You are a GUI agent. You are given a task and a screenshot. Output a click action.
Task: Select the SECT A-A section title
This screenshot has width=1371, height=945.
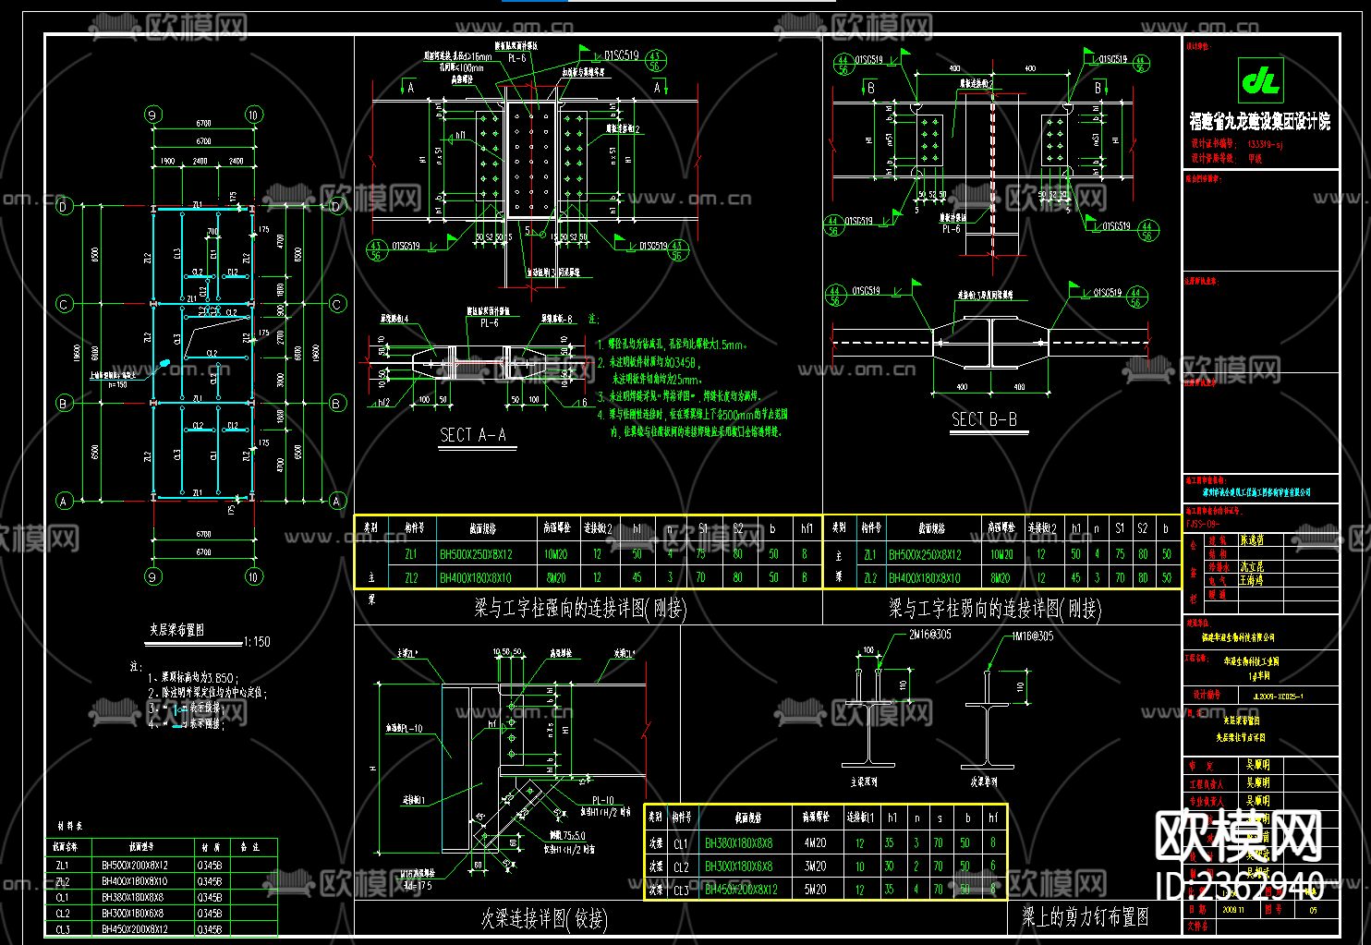coord(472,435)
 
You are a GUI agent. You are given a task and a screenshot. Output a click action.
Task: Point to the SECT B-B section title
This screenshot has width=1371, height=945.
coord(984,419)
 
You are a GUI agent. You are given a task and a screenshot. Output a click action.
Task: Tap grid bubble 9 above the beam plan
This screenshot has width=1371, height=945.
coord(152,115)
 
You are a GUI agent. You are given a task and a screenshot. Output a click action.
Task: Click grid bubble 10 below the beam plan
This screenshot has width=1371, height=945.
coord(253,576)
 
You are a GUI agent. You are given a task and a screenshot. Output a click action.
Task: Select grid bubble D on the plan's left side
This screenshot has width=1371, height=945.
coord(64,206)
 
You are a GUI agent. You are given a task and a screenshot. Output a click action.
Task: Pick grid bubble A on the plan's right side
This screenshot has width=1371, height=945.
coord(336,501)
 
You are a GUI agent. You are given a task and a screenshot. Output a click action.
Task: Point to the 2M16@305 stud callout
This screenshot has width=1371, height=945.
coord(929,635)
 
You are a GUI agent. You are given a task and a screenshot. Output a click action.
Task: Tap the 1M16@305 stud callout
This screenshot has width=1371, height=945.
coord(1032,636)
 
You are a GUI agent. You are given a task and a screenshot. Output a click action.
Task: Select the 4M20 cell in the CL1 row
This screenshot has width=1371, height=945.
coord(814,842)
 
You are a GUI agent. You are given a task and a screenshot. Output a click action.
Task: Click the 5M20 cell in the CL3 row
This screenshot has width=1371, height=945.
coord(814,890)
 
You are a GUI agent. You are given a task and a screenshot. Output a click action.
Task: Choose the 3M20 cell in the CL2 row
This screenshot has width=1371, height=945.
coord(814,866)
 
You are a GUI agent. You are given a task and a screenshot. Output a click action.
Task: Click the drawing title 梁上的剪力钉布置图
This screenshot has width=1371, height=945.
coord(1085,916)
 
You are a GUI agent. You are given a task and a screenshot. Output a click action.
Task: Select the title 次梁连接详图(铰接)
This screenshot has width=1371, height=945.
coord(544,918)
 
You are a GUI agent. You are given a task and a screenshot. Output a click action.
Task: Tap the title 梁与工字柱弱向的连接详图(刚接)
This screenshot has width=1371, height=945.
coord(994,608)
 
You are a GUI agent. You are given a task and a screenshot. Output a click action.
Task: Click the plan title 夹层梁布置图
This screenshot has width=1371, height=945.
coord(176,630)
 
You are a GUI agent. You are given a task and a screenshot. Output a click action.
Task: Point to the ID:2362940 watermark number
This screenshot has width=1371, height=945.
coord(1240,887)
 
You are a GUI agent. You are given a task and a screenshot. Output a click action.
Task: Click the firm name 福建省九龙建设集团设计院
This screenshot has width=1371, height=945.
coord(1260,121)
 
